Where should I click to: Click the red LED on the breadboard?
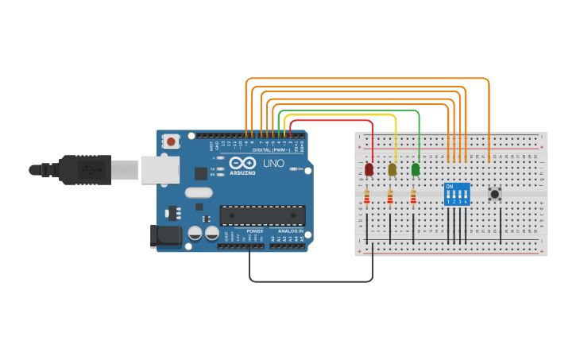[x=369, y=169]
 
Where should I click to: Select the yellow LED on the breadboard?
[x=392, y=169]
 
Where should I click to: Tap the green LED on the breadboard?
[x=416, y=169]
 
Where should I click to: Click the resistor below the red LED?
[x=366, y=196]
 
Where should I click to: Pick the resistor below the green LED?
[x=413, y=196]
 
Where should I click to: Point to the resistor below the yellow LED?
[x=389, y=196]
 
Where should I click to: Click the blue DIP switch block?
[x=457, y=195]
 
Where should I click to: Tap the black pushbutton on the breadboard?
[x=495, y=193]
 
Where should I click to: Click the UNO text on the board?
[x=273, y=163]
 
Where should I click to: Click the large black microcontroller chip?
[x=262, y=215]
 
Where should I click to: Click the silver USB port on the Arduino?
[x=159, y=169]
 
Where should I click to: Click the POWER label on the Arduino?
[x=254, y=231]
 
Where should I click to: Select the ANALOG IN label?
[x=290, y=231]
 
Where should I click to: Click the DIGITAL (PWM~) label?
[x=270, y=149]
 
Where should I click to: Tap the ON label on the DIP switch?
[x=450, y=187]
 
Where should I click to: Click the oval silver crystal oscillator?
[x=198, y=192]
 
